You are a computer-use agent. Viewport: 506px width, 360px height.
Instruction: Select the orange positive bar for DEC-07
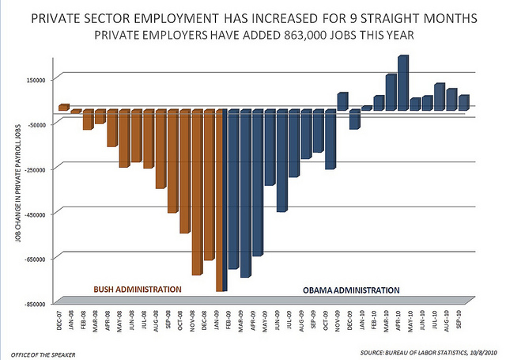[64, 108]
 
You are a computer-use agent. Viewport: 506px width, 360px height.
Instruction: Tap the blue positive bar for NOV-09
[342, 101]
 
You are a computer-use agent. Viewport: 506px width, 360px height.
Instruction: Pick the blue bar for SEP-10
[464, 103]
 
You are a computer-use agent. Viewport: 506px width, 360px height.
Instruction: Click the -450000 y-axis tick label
[36, 214]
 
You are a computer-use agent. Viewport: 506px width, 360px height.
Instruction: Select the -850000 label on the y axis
[36, 304]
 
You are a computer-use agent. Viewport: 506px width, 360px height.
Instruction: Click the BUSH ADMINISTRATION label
[138, 290]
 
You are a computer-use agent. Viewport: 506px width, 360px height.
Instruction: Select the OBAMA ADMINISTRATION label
[351, 290]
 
